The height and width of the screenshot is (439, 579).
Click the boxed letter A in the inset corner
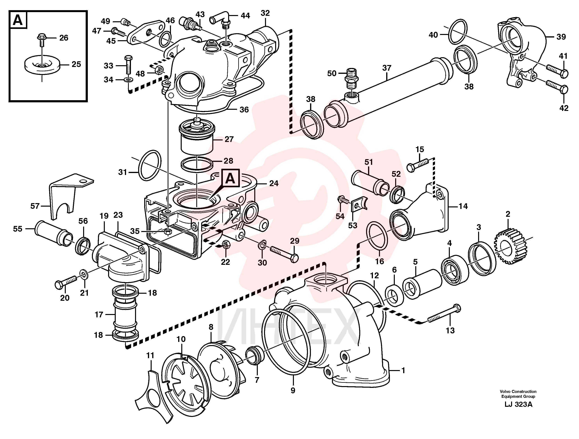click(x=18, y=20)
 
